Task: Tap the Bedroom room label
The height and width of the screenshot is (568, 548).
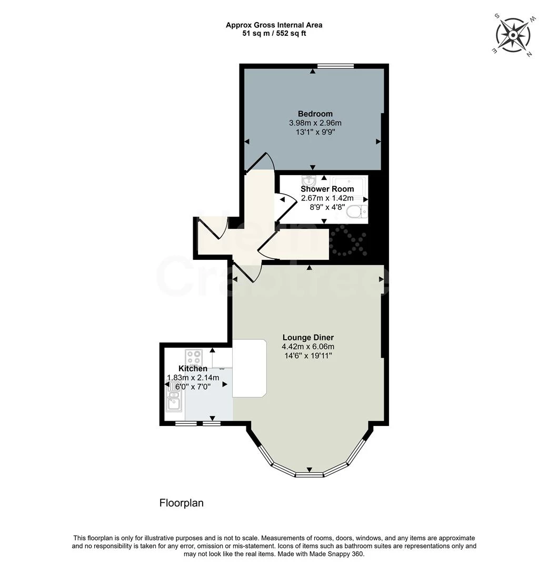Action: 315,114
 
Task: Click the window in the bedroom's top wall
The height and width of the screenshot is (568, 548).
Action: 335,66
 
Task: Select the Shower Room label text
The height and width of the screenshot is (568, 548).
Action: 327,189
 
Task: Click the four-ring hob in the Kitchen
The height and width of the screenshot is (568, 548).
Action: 194,358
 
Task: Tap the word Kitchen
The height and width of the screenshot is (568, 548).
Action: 193,369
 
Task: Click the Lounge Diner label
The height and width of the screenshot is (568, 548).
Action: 308,338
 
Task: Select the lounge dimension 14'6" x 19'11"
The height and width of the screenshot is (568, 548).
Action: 308,356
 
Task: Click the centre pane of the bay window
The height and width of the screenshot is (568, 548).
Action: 309,475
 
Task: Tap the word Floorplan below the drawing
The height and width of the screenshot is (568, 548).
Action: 181,503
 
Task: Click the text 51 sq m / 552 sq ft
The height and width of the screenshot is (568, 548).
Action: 274,33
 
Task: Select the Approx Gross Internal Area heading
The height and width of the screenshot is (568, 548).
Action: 274,25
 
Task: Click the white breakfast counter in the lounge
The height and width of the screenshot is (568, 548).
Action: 249,368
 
